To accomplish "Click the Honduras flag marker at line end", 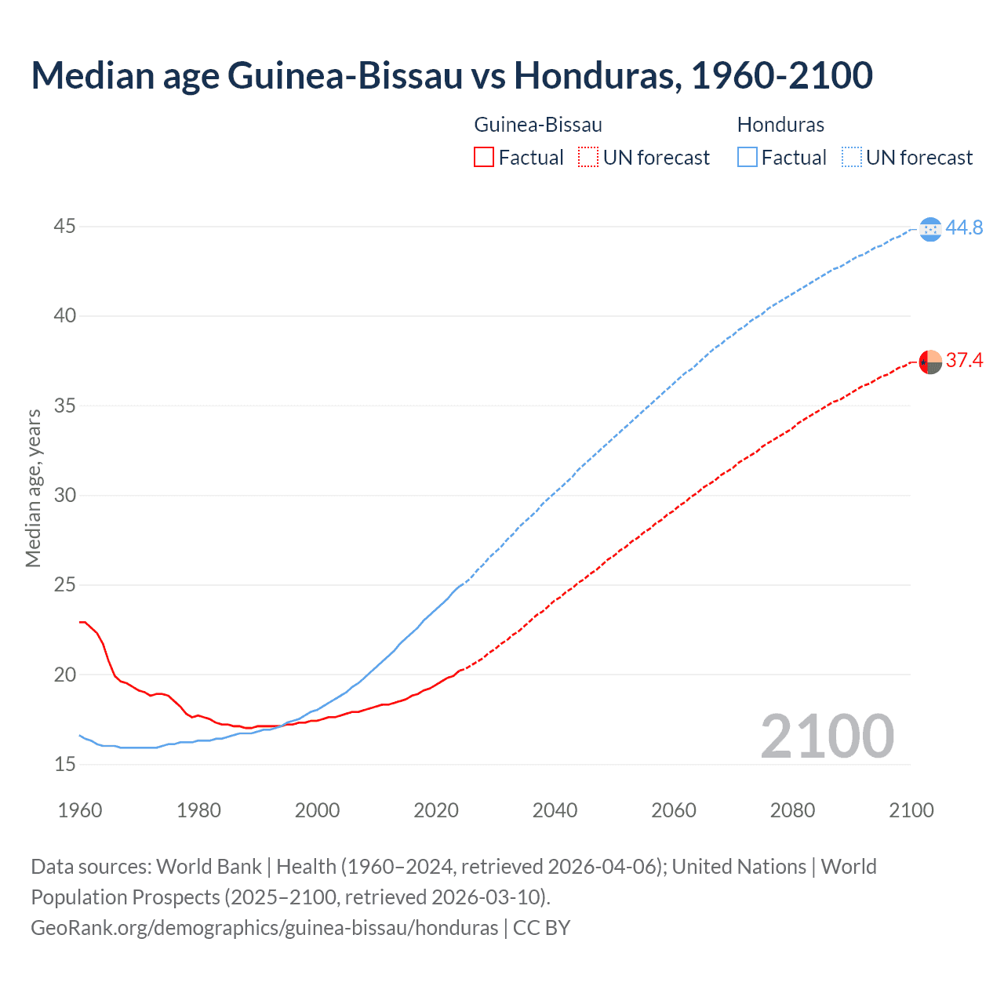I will click(930, 229).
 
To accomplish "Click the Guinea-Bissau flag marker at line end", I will click(930, 362).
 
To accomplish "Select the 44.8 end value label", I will click(964, 227).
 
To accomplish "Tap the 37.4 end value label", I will click(964, 360).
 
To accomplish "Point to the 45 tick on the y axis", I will click(65, 227).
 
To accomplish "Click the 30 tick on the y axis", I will click(65, 495).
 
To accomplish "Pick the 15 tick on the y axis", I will click(65, 764).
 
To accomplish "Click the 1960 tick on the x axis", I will click(80, 810).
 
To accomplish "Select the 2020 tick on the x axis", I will click(436, 810).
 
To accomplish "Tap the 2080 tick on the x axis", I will click(792, 810).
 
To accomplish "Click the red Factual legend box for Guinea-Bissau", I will click(484, 158).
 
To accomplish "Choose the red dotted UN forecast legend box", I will click(588, 158).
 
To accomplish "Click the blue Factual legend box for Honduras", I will click(748, 158).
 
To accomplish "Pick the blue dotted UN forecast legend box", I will click(852, 158).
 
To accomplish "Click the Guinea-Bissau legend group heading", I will click(538, 125).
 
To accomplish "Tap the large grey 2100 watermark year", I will click(827, 736).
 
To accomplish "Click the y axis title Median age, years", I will click(33, 488).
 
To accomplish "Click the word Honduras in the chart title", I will click(597, 75).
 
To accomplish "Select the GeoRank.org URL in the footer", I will click(264, 928).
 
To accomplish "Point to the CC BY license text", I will click(542, 928).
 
